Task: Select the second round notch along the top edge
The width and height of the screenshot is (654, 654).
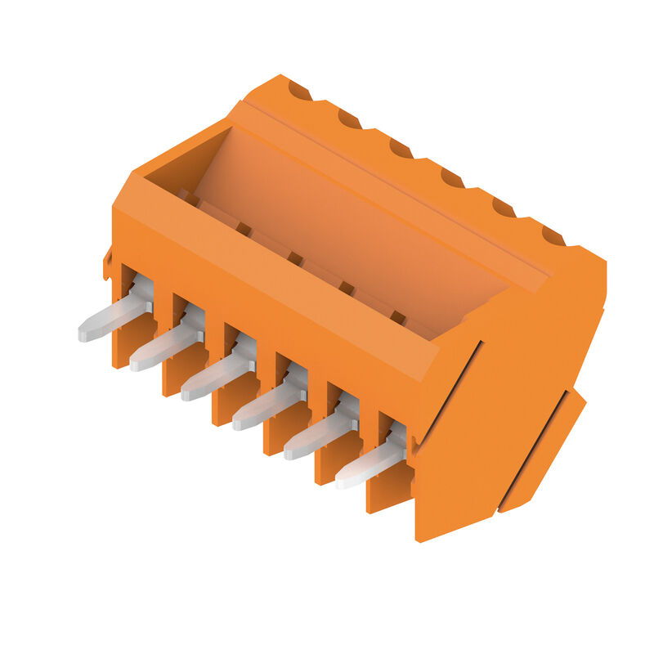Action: pos(349,120)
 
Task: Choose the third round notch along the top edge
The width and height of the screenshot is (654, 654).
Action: pos(401,150)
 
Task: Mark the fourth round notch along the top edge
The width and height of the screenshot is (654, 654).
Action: pos(452,177)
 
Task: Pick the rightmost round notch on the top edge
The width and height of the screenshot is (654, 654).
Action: pos(553,237)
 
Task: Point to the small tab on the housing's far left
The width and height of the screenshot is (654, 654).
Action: pos(107,263)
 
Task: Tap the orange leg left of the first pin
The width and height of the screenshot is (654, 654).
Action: pos(123,343)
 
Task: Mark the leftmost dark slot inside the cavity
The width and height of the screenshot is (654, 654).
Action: pos(188,198)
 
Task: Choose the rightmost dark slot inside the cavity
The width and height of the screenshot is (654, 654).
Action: pos(397,318)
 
